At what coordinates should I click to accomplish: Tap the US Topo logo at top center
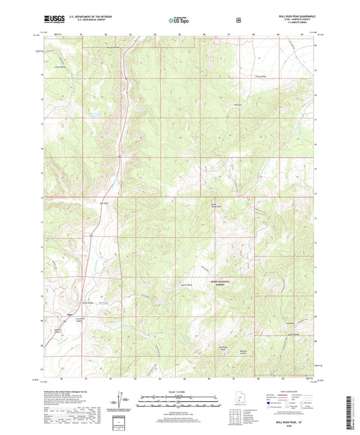[178, 20]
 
